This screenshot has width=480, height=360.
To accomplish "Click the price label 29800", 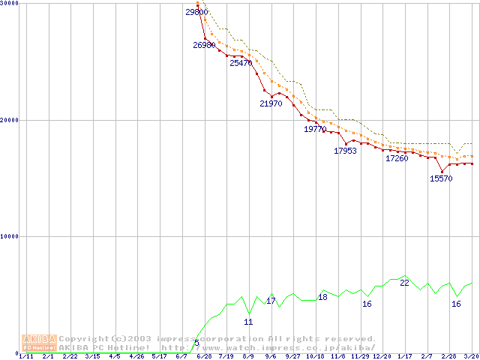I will pos(196,12).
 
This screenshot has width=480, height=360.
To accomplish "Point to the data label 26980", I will pos(204,46).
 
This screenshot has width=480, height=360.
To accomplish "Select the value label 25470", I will pos(241,64).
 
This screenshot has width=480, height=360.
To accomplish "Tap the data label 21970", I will pos(271,103).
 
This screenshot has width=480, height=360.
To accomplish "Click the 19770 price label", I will pos(315,130).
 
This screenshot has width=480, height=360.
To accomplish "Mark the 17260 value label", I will pos(397,159).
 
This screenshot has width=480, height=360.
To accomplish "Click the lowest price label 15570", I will pos(441,178).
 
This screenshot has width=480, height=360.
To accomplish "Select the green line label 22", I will pos(404,283).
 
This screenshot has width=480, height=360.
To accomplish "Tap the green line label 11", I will pos(248,322).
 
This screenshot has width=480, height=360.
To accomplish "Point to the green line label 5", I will pos(196,343).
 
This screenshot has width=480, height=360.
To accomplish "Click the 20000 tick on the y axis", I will pos(10,120).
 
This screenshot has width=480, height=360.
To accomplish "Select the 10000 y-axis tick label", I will pos(10,236).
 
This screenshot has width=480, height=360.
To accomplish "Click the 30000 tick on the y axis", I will pos(10,4).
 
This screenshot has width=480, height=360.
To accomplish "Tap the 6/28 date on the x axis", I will pos(203,357).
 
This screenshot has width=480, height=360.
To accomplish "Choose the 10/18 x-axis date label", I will pos(315,357).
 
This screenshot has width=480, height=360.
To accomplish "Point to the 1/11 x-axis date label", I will pos(25,357).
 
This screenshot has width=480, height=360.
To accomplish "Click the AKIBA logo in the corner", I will pos(39,343).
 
